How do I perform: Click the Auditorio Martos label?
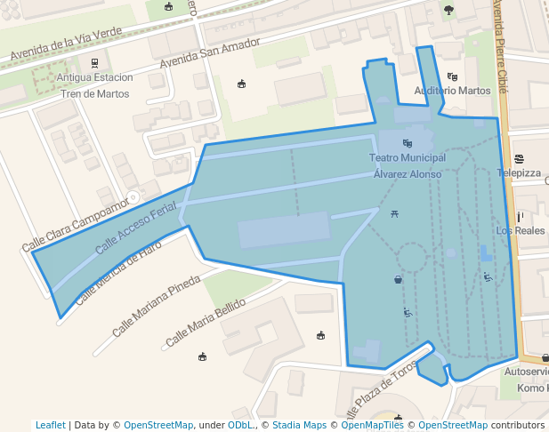point(453,91)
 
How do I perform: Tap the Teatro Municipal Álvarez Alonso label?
point(407,166)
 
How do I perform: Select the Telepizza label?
point(520,173)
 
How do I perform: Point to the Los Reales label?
point(520,230)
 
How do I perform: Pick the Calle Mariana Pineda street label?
point(157,307)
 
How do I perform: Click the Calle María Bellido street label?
point(205,323)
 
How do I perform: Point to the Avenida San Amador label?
point(210,52)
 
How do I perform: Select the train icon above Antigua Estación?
point(94,63)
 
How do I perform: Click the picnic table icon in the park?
point(394,213)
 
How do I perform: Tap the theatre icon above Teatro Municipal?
point(407,142)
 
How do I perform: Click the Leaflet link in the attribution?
point(50,425)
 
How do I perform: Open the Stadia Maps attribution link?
point(300,425)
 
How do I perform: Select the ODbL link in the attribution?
point(240,425)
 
